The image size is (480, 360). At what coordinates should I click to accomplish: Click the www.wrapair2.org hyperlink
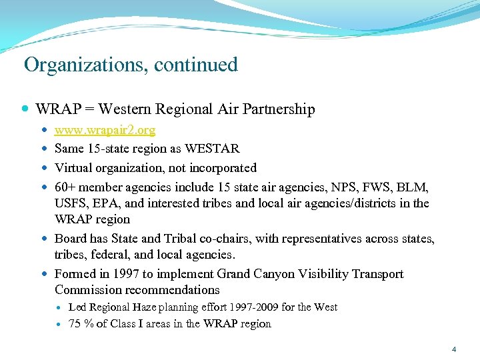coord(105,129)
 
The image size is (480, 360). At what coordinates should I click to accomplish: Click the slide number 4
coord(453,349)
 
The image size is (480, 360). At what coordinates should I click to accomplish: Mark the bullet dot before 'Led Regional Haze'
coord(59,307)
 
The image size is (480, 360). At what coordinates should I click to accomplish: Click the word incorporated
coord(222,167)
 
